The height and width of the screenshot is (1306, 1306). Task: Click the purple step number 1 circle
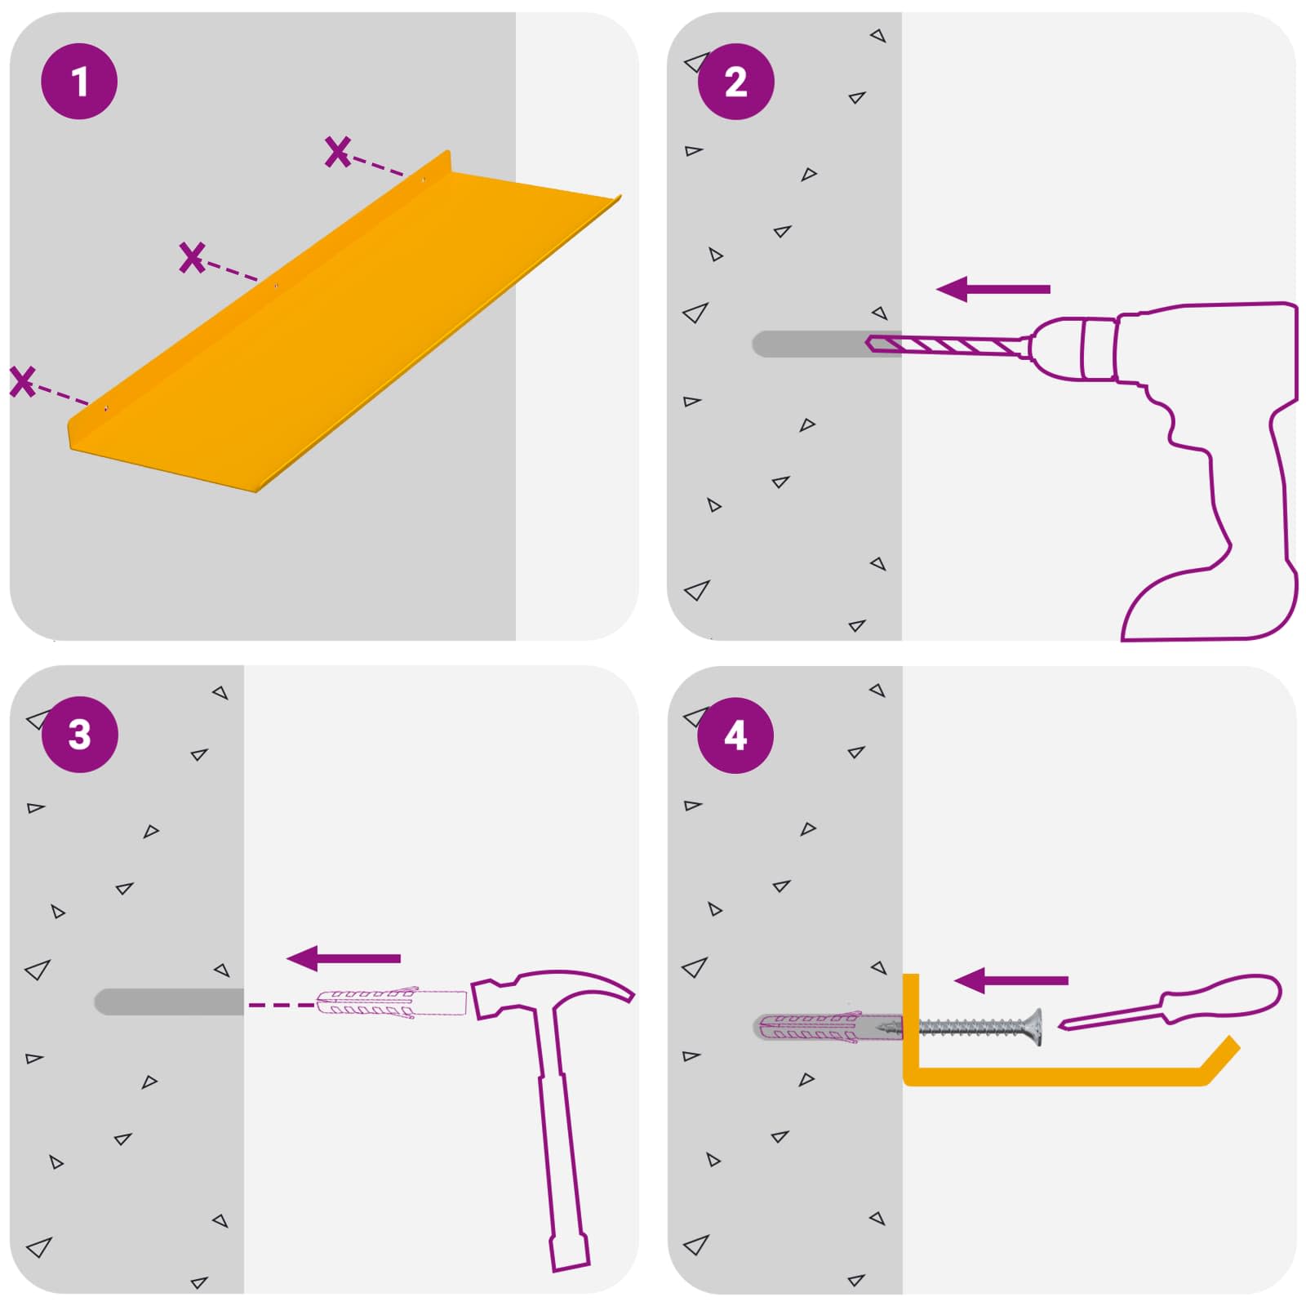point(79,82)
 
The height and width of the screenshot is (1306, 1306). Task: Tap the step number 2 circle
point(735,82)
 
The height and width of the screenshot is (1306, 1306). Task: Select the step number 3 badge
point(79,735)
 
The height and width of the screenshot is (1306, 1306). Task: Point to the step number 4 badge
point(735,735)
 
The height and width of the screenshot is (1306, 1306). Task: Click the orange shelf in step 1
point(343,326)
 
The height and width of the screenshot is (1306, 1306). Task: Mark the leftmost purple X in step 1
point(23,381)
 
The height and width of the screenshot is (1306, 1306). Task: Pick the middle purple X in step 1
point(192,257)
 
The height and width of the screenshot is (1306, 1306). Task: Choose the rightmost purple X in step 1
point(337,152)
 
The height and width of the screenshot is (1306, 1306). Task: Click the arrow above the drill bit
point(993,289)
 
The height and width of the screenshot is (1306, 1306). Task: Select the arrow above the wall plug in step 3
point(344,958)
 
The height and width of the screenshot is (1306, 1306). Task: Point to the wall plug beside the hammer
point(391,1003)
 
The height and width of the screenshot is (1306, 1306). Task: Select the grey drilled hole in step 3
point(169,1002)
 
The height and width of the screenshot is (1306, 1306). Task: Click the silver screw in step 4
point(979,1027)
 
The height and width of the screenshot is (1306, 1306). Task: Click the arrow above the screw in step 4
point(1011,981)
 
